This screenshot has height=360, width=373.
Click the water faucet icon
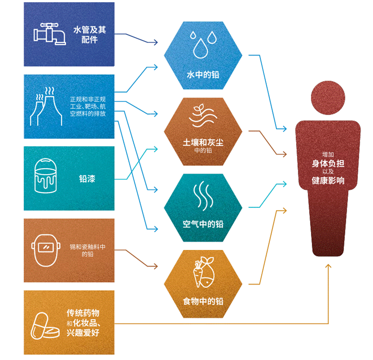pos(49,34)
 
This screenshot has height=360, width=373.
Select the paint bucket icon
pos(46,176)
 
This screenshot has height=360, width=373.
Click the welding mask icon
pos(46,250)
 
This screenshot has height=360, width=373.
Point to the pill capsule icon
pos(45,326)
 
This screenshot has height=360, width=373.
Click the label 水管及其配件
pos(90,34)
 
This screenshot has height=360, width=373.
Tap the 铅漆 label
pos(87,178)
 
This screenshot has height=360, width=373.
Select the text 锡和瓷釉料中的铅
pos(88,250)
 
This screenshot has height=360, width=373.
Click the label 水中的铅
pos(203,75)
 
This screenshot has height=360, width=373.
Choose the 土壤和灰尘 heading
pos(203,142)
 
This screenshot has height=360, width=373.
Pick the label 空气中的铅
pos(203,224)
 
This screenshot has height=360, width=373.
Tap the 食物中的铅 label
pos(203,301)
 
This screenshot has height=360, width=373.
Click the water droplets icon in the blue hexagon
pos(203,44)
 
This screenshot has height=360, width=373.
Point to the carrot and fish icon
pos(204,272)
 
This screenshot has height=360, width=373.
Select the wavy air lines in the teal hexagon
pos(203,196)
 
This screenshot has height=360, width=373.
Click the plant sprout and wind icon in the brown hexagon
pos(203,115)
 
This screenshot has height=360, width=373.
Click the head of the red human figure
pos(328,98)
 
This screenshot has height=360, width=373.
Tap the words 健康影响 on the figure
pos(328,181)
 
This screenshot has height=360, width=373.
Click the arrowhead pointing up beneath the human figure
pos(328,266)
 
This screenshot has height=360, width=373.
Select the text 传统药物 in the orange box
pos(83,313)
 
